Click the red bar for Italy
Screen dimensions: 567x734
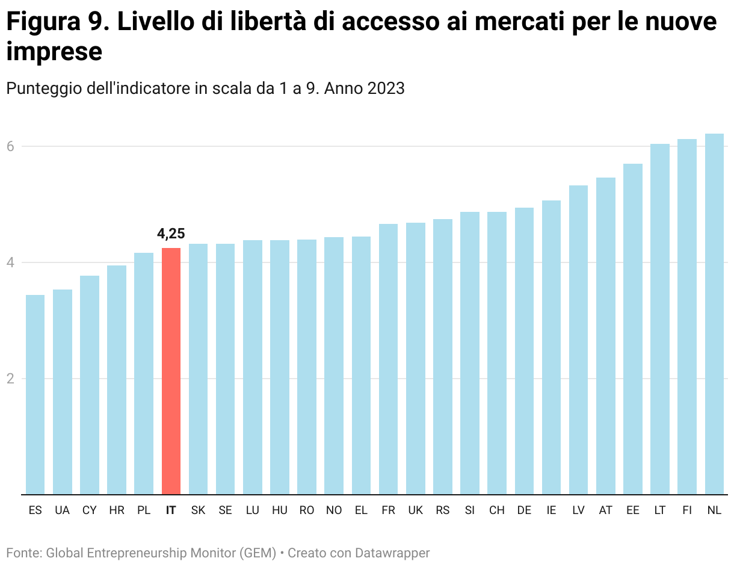point(171,371)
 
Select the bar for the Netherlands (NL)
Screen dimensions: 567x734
point(714,314)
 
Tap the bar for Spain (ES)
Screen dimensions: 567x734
point(35,394)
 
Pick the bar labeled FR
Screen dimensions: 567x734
point(388,359)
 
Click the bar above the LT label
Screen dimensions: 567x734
point(660,319)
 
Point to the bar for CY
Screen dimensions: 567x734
point(89,385)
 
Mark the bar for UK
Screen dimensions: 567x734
point(415,358)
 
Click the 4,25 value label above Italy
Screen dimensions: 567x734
point(171,234)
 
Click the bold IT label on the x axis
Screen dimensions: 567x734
point(171,510)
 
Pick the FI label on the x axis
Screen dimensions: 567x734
point(687,510)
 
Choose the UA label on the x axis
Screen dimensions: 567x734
point(62,510)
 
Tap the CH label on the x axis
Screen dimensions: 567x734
point(497,510)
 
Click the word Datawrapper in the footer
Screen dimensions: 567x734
point(392,553)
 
